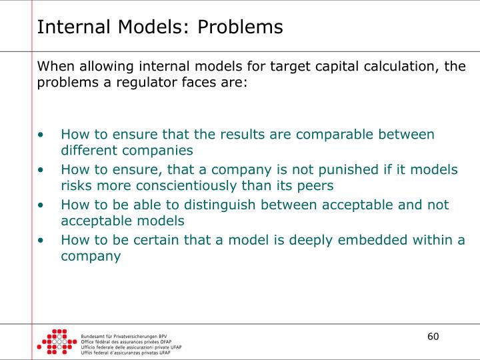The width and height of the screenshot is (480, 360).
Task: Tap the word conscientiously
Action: (198, 186)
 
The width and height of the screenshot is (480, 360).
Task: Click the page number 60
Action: (433, 336)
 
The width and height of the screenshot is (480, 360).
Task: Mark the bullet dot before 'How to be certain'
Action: (42, 240)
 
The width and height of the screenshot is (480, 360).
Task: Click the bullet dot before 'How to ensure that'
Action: (42, 135)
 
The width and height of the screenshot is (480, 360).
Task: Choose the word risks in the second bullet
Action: (75, 186)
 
